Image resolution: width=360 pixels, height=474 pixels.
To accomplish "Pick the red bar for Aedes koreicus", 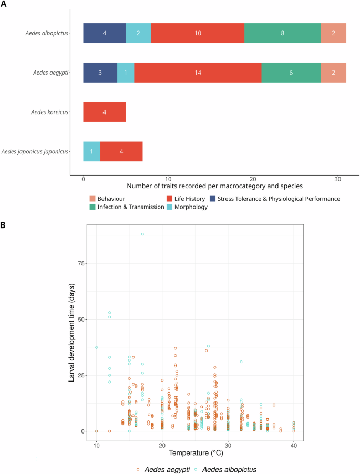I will coord(104,112).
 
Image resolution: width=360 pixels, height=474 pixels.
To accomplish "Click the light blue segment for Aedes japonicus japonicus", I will coord(91,151).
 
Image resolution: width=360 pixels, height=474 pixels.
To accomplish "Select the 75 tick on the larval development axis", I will coord(80,263).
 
